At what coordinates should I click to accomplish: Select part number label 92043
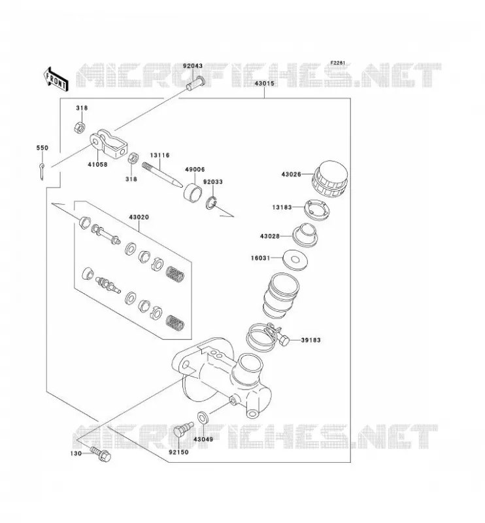tap(192, 66)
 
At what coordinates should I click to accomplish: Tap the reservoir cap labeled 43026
tap(330, 179)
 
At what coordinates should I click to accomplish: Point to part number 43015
tap(264, 84)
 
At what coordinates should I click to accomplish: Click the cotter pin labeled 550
tap(42, 171)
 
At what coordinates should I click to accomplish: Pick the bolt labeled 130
tap(101, 454)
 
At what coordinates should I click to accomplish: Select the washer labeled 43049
tap(203, 418)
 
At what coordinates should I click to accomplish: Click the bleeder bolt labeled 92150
tap(183, 430)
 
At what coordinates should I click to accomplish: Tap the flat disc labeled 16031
tap(295, 260)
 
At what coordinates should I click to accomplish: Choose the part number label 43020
tap(139, 217)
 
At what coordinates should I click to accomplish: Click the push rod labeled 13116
tap(162, 175)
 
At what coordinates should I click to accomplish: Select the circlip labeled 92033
tap(211, 203)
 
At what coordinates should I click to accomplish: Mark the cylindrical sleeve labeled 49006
tap(193, 192)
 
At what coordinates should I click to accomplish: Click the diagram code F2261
tap(337, 63)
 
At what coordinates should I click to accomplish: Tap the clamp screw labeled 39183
tap(284, 341)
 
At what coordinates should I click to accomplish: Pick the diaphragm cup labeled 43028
tap(305, 235)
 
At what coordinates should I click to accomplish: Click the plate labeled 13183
tap(317, 210)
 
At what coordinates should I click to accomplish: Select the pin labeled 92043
tap(195, 84)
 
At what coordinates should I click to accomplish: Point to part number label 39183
tap(310, 340)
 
